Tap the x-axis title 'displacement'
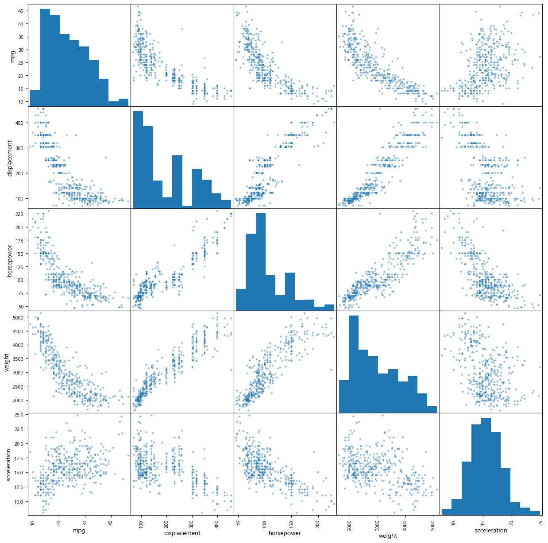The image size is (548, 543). pos(182,533)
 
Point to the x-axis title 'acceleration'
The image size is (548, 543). pos(490,530)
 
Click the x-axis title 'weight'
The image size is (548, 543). pos(388,535)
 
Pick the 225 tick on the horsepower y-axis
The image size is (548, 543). pos(19,214)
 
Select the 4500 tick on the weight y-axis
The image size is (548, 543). pos(19,331)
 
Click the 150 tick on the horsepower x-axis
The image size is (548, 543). pos(291,522)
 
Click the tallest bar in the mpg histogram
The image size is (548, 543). pos(45,58)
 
